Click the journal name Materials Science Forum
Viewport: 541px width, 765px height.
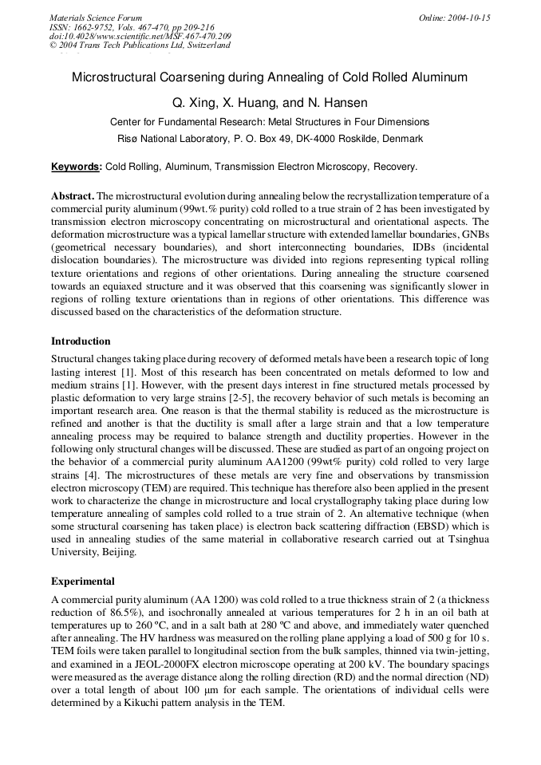click(x=96, y=17)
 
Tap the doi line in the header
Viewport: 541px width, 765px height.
click(x=140, y=36)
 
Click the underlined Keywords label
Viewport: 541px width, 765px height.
click(x=76, y=167)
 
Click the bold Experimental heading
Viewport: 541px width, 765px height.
click(x=82, y=581)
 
